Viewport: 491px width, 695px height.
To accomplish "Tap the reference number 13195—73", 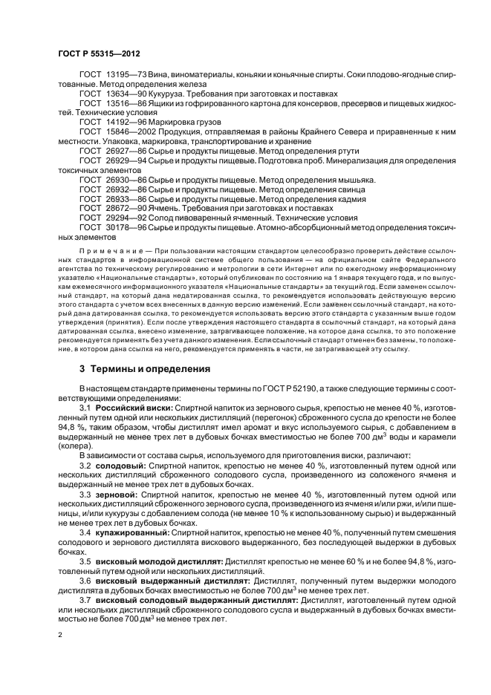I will pos(126,76).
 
